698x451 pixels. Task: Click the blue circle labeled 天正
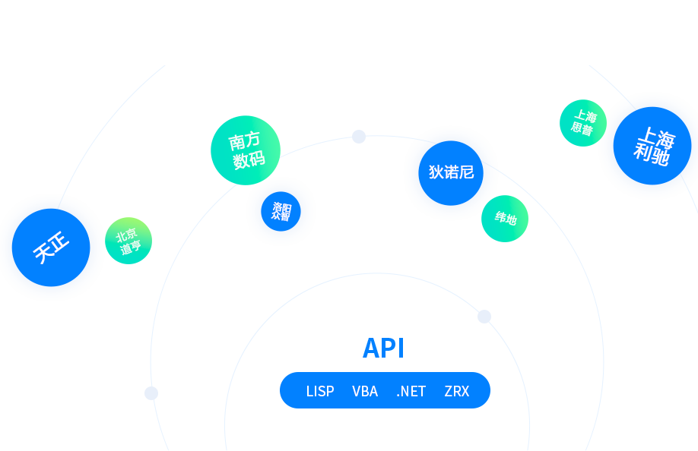coord(51,248)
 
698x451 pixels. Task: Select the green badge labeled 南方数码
coord(243,150)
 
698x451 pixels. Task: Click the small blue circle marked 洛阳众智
coord(281,211)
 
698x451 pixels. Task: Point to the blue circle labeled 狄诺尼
coord(451,172)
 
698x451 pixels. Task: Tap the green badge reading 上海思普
coord(582,123)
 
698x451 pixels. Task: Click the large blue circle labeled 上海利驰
coord(652,147)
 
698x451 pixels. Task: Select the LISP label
coord(320,391)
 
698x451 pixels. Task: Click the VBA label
coord(365,391)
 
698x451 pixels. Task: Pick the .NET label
coord(411,391)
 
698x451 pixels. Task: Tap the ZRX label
coord(457,391)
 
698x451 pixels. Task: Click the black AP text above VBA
coord(381,348)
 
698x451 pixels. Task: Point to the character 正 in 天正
coord(59,242)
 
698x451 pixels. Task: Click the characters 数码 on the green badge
coord(249,159)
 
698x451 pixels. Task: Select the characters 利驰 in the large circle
coord(652,155)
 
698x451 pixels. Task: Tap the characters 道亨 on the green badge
coord(131,248)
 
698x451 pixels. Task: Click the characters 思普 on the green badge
coord(582,128)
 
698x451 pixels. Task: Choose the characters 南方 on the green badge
coord(244,140)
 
